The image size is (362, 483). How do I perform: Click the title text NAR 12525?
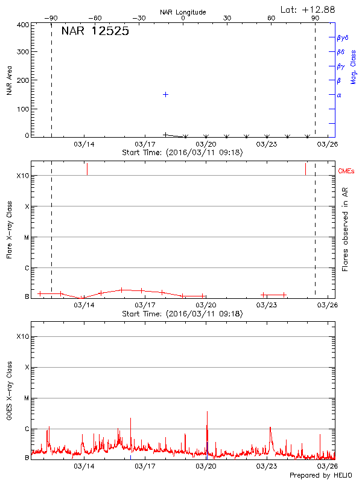pyautogui.click(x=95, y=31)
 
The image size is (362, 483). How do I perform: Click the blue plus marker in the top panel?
pyautogui.click(x=165, y=95)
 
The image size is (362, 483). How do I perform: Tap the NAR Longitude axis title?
pyautogui.click(x=183, y=12)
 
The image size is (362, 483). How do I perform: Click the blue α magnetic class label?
pyautogui.click(x=339, y=95)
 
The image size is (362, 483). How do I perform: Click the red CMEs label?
pyautogui.click(x=347, y=171)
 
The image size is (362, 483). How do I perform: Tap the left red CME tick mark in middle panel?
pyautogui.click(x=87, y=168)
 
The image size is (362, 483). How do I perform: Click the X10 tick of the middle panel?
pyautogui.click(x=23, y=176)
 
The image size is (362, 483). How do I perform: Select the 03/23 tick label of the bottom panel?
pyautogui.click(x=267, y=466)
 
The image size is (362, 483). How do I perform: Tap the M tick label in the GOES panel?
pyautogui.click(x=26, y=398)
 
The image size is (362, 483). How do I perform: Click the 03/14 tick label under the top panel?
pyautogui.click(x=84, y=144)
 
